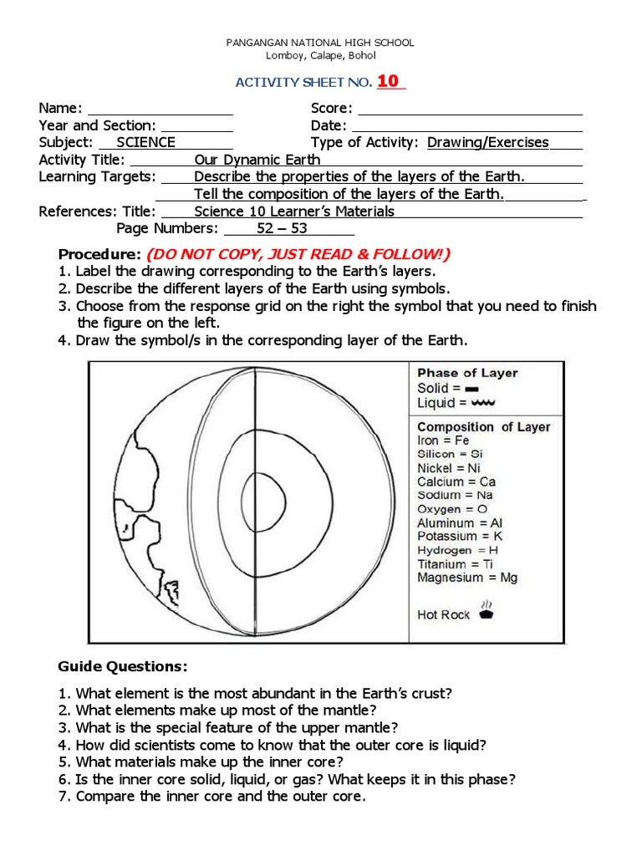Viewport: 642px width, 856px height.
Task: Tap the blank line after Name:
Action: (160, 110)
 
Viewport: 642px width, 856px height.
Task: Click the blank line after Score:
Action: (469, 110)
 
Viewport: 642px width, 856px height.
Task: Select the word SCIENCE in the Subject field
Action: (145, 143)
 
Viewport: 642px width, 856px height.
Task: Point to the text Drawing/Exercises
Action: (487, 143)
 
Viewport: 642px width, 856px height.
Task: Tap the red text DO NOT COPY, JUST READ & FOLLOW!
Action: (298, 254)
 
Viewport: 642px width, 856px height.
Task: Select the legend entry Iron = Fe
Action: (443, 441)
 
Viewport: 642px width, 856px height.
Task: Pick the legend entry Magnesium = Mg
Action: (467, 578)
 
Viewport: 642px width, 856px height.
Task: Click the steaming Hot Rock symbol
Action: (487, 610)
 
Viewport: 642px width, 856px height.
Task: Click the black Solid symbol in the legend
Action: (471, 389)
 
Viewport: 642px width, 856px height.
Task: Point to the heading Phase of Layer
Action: (467, 373)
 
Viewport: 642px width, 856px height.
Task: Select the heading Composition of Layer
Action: (483, 426)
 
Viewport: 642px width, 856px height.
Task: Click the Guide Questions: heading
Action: (123, 666)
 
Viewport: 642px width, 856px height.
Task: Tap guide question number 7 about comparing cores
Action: (221, 797)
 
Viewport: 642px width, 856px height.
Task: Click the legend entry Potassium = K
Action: (460, 536)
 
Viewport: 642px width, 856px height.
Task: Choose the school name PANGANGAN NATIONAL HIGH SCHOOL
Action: (321, 43)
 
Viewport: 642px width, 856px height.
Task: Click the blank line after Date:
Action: (466, 126)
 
